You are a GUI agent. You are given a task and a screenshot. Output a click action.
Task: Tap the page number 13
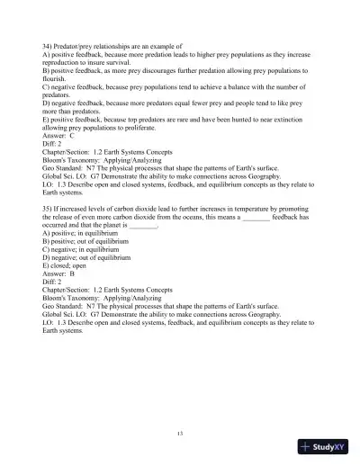(x=180, y=434)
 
